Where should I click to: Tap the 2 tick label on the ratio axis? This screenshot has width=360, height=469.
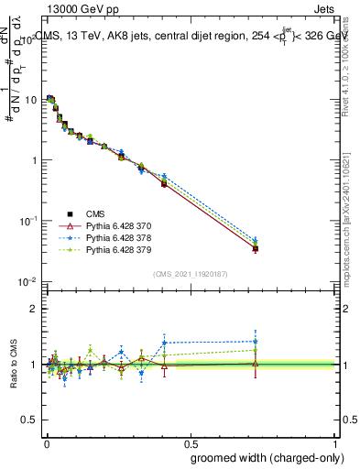coord(35,309)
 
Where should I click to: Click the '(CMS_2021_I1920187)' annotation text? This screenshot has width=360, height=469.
coord(190,272)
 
